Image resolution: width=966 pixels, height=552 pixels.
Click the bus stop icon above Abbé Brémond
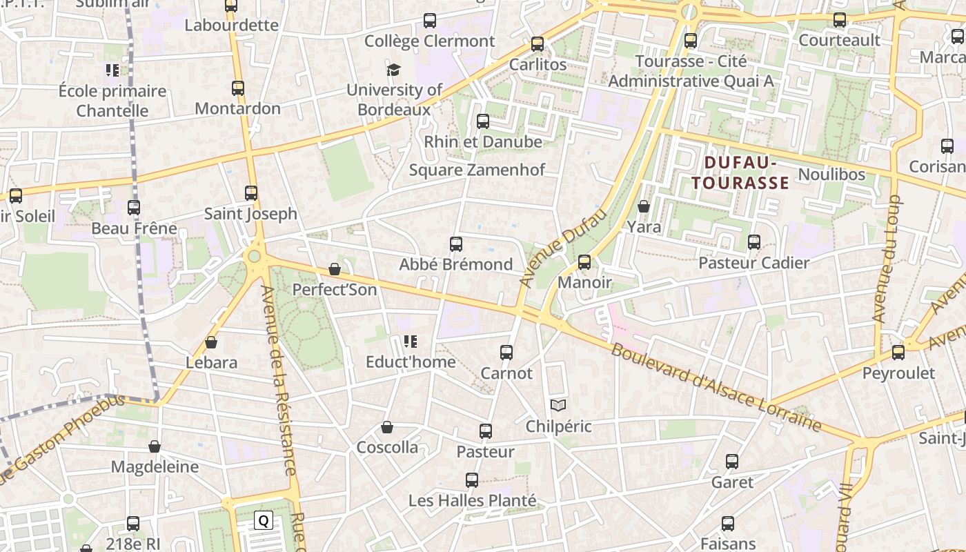pyautogui.click(x=455, y=244)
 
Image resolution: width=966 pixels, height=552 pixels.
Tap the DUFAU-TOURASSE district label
pyautogui.click(x=740, y=173)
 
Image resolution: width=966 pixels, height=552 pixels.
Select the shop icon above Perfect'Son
pyautogui.click(x=335, y=269)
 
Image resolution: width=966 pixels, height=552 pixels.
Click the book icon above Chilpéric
pyautogui.click(x=558, y=406)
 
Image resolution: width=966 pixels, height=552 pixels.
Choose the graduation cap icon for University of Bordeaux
pyautogui.click(x=393, y=70)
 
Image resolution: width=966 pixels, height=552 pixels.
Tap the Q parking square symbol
pyautogui.click(x=263, y=520)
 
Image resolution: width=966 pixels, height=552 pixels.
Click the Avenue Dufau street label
pyautogui.click(x=563, y=248)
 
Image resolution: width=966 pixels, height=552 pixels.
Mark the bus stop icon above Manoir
pyautogui.click(x=584, y=262)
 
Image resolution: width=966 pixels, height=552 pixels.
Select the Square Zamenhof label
pyautogui.click(x=477, y=170)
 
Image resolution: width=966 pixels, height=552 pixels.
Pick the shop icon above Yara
pyautogui.click(x=644, y=206)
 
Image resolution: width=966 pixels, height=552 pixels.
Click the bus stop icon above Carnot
pyautogui.click(x=506, y=353)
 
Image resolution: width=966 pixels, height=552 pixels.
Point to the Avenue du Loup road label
pyautogui.click(x=887, y=259)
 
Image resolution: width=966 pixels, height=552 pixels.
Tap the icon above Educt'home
pyautogui.click(x=411, y=341)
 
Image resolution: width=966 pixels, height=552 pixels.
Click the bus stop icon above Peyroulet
pyautogui.click(x=898, y=353)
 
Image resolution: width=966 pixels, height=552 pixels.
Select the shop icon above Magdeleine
pyautogui.click(x=155, y=446)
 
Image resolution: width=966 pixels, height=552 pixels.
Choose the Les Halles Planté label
pyautogui.click(x=472, y=500)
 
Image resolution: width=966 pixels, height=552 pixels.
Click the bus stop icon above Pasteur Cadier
pyautogui.click(x=754, y=242)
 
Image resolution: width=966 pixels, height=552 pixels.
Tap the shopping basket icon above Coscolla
pyautogui.click(x=387, y=427)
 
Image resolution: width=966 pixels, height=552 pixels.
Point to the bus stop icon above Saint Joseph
pyautogui.click(x=251, y=193)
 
